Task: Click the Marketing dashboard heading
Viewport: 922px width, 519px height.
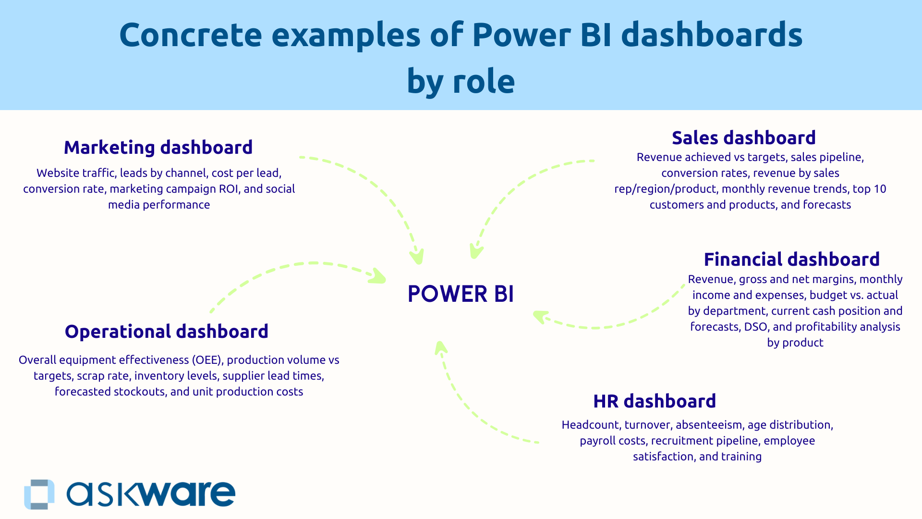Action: pos(158,148)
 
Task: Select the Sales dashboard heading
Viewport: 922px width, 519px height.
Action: pos(743,138)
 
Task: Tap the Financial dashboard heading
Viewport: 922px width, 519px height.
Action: pos(791,259)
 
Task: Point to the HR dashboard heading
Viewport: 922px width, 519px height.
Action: pos(654,401)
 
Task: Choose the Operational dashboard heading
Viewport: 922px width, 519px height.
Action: pos(166,332)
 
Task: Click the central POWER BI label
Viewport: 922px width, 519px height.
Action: pos(461,294)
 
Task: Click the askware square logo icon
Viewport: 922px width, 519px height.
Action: pos(39,494)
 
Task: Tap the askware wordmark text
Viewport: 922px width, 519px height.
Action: pos(151,494)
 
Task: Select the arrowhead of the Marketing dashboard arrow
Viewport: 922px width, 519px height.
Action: pos(417,257)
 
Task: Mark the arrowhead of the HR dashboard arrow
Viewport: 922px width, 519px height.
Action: pos(440,347)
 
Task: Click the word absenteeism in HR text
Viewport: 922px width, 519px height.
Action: pos(709,425)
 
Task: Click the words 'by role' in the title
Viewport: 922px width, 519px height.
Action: pos(461,82)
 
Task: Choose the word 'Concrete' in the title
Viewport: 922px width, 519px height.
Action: pos(190,35)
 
